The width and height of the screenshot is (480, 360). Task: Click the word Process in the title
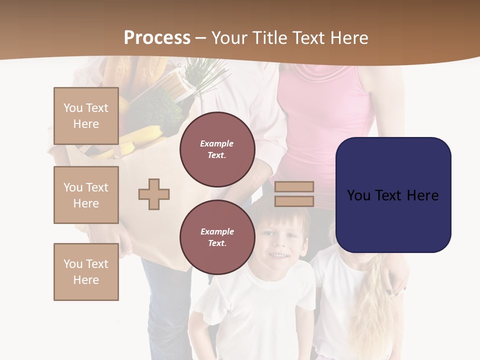157,37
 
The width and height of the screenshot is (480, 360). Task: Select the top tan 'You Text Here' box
86,116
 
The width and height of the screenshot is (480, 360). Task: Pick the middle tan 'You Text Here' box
86,195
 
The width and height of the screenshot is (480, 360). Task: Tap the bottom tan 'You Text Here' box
86,271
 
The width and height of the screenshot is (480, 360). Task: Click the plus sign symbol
154,194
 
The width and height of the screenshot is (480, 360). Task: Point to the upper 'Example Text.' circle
217,149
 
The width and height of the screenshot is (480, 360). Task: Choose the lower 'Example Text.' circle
217,237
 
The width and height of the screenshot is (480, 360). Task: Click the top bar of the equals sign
294,186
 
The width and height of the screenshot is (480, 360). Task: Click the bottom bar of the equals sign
294,201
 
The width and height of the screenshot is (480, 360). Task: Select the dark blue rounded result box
393,195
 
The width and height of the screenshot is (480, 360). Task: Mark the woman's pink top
325,125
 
